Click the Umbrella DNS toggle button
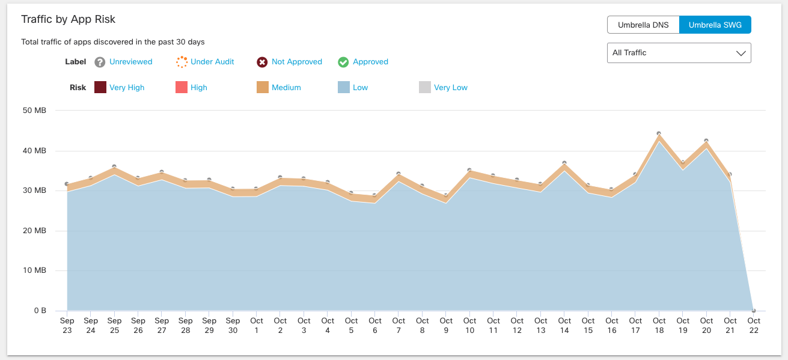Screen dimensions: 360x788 643,25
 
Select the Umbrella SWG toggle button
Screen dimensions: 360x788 715,25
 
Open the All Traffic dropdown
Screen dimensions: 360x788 679,53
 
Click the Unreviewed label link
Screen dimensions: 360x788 130,62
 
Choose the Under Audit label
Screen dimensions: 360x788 212,62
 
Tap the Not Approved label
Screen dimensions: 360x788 296,62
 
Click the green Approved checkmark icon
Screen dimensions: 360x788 343,62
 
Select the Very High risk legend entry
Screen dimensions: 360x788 127,88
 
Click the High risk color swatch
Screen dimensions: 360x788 182,88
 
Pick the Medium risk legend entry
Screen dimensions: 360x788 286,88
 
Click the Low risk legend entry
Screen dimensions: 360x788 360,88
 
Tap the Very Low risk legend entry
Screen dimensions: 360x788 450,88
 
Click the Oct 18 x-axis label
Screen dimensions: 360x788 659,325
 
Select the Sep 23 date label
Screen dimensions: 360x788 67,325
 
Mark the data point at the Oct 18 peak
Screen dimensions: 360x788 659,133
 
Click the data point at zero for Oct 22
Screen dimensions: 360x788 754,310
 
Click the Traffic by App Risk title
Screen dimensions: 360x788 68,19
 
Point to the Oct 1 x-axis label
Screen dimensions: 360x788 257,325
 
